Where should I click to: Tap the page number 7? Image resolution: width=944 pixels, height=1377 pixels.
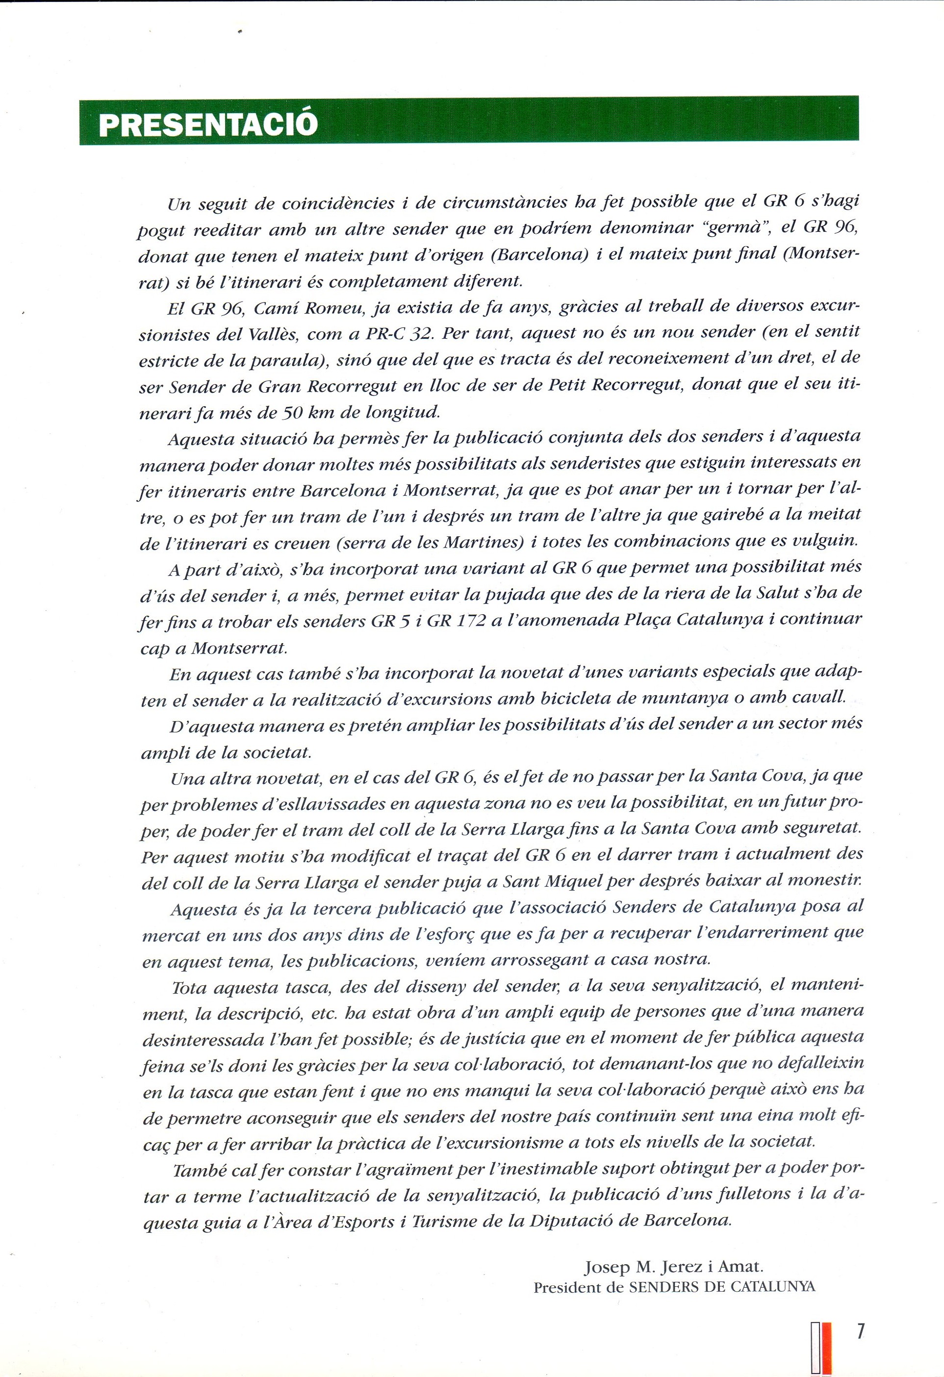860,1314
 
